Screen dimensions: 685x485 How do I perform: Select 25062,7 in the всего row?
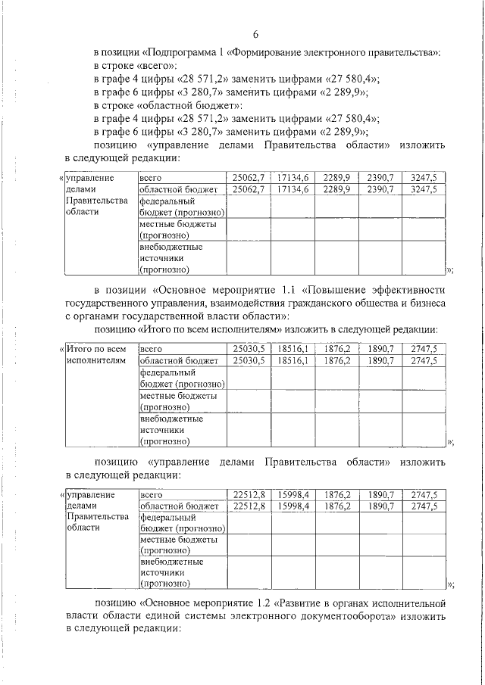[248, 177]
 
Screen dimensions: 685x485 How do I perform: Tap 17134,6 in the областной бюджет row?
[292, 189]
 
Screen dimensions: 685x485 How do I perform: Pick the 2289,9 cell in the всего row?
[335, 177]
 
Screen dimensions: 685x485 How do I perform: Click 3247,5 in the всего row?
[423, 177]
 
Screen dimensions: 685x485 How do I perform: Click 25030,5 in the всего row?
[248, 349]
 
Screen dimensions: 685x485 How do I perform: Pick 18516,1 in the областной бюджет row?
[292, 361]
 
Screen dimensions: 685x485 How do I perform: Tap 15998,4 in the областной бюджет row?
[292, 506]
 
